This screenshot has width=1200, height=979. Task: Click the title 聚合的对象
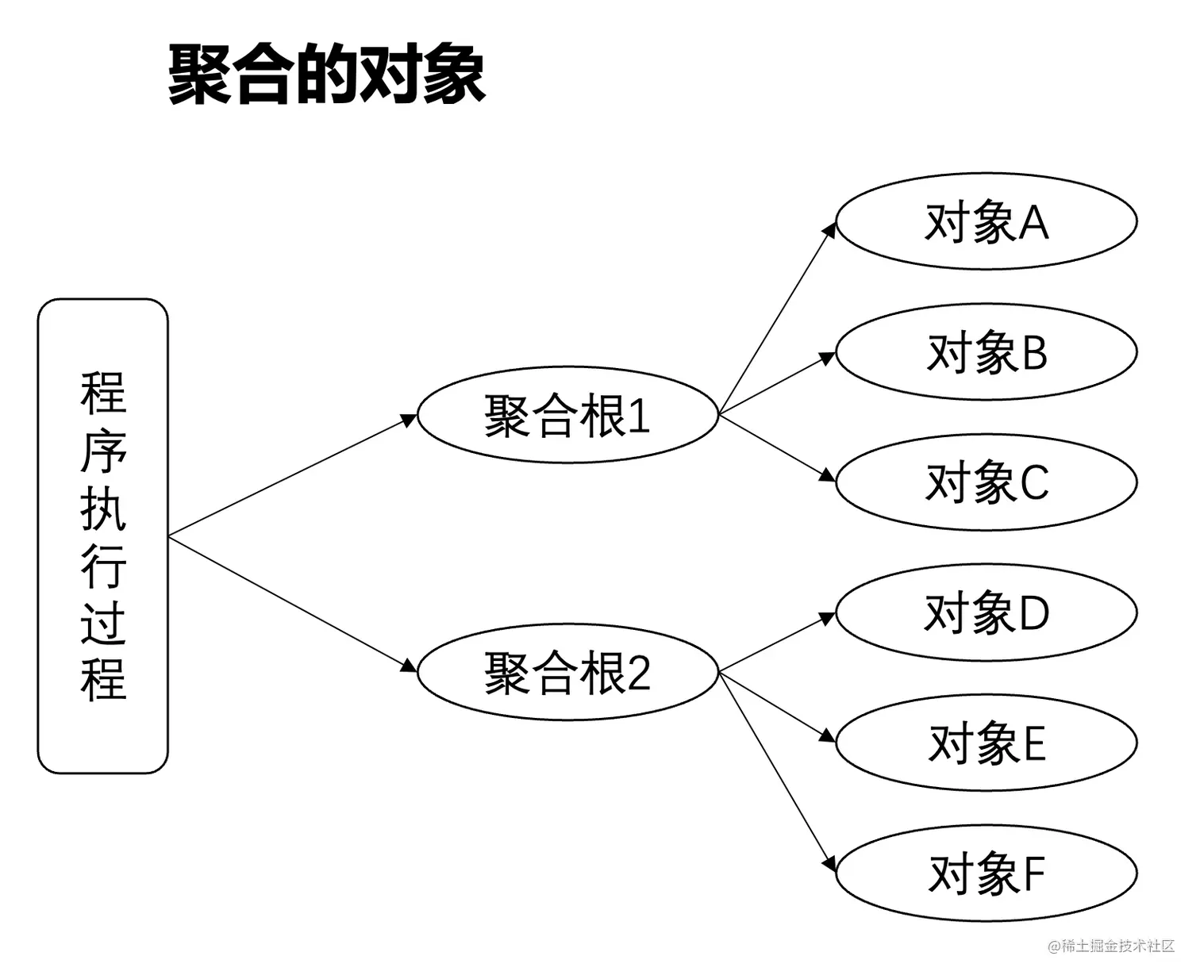326,75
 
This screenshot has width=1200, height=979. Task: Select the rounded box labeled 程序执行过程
103,536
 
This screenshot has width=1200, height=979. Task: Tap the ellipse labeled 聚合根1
567,415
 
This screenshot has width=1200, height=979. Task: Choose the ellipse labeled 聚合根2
567,672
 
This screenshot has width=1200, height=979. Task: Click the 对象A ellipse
987,221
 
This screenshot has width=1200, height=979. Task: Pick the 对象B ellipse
987,351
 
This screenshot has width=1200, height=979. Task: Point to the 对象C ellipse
987,482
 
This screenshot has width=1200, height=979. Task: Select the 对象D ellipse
987,612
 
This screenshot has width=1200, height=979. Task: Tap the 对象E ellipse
987,743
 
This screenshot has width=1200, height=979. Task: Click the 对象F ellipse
987,873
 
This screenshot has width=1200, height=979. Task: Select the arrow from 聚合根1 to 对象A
778,317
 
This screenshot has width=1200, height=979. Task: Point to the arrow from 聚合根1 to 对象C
778,447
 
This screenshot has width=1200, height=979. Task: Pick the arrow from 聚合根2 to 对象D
778,643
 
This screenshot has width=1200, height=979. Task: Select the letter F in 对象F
1034,873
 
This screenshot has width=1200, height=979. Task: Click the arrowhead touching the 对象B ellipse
827,359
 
